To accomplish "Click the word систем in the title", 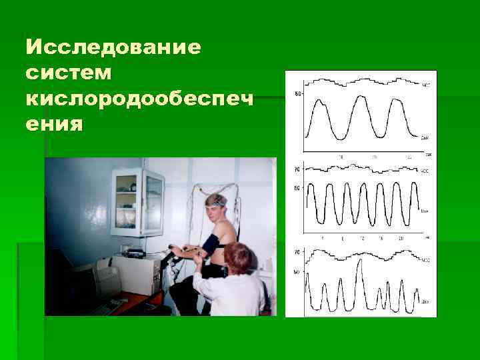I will tap(64, 74).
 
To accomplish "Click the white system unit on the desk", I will tap(136, 273).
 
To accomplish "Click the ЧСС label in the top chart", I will tap(427, 85).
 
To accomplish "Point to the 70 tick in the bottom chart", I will tap(297, 253).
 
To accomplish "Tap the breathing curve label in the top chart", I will tap(426, 138).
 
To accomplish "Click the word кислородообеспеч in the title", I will tap(140, 99).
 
